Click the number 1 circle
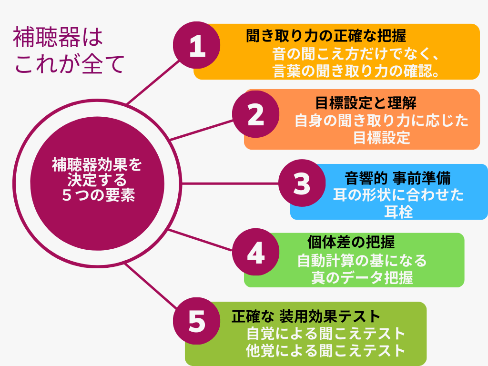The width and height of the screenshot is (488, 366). click(197, 45)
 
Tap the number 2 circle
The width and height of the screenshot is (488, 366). click(256, 114)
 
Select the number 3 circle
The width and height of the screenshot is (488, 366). click(302, 183)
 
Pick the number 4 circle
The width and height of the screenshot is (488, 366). click(256, 252)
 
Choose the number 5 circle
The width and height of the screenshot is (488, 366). click(197, 321)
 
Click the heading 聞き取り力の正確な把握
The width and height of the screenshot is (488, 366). click(326, 36)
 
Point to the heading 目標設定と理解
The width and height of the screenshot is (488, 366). click(366, 103)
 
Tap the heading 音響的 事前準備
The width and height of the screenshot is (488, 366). click(397, 178)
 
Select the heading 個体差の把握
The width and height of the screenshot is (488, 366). click(351, 242)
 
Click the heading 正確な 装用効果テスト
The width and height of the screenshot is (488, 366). click(306, 316)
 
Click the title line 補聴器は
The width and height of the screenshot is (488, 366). click(58, 37)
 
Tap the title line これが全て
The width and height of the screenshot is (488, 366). click(69, 64)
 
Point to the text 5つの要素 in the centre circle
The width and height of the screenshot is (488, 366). click(98, 195)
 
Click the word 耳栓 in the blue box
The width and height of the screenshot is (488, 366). click(398, 212)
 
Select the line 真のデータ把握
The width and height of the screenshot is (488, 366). click(362, 278)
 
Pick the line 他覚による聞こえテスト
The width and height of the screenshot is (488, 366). click(325, 350)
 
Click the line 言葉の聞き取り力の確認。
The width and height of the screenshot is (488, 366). click(356, 71)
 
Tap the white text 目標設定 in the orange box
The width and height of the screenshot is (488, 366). click(382, 138)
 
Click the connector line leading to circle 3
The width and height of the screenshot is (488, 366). click(230, 183)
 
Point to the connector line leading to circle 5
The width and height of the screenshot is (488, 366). click(151, 286)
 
